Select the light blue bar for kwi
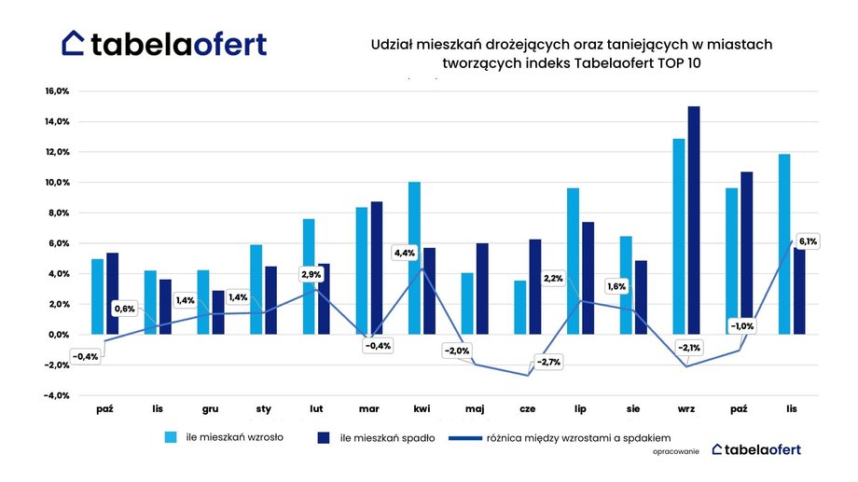pyautogui.click(x=414, y=258)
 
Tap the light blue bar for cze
pyautogui.click(x=519, y=308)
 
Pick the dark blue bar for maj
pyautogui.click(x=481, y=288)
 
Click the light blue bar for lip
pyautogui.click(x=573, y=261)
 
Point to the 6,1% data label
pyautogui.click(x=808, y=241)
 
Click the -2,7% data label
pyautogui.click(x=548, y=362)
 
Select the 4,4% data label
pyautogui.click(x=405, y=253)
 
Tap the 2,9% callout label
pyautogui.click(x=311, y=274)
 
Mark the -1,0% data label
pyautogui.click(x=742, y=326)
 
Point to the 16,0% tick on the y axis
pyautogui.click(x=58, y=91)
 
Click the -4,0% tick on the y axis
pyautogui.click(x=58, y=395)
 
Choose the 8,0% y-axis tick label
pyautogui.click(x=60, y=213)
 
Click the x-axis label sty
pyautogui.click(x=263, y=408)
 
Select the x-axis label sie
pyautogui.click(x=633, y=408)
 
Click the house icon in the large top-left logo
pyautogui.click(x=74, y=42)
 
